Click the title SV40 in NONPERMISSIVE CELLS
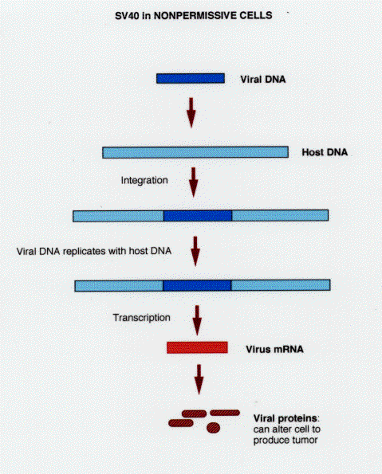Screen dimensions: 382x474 click(194, 15)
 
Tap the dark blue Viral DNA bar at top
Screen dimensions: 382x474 click(191, 78)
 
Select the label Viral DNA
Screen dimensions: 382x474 click(262, 80)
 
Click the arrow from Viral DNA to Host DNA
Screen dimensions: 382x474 click(191, 112)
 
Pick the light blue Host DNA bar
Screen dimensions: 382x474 click(195, 152)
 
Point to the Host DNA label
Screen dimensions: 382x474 click(325, 152)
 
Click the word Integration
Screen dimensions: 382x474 click(144, 180)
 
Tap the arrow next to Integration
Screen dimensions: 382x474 click(193, 182)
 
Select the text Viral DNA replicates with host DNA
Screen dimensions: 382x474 click(94, 251)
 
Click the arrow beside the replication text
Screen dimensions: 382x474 click(195, 251)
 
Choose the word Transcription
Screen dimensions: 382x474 click(141, 318)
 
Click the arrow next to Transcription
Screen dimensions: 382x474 click(197, 320)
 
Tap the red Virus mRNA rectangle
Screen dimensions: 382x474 click(197, 347)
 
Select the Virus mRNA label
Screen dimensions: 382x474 click(274, 350)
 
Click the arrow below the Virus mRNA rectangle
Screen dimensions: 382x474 click(199, 379)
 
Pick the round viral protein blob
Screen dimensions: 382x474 click(214, 428)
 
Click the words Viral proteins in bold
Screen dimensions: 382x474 click(286, 419)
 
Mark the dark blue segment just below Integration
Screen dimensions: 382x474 click(198, 216)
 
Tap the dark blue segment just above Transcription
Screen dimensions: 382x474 click(197, 285)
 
